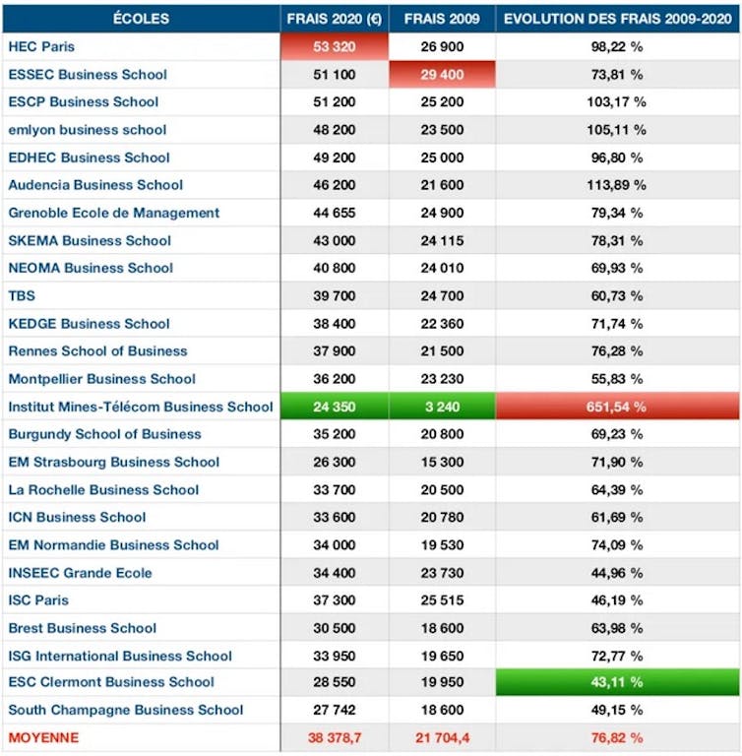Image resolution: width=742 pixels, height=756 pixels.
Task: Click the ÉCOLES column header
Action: tap(141, 19)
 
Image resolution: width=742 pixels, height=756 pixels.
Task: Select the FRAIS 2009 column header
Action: tap(441, 19)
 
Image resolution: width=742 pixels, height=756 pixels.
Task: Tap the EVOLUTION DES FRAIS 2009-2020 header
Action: tap(617, 19)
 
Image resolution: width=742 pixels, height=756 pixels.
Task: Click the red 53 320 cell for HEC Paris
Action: tap(335, 46)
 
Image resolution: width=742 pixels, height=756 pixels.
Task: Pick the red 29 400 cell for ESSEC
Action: tap(441, 74)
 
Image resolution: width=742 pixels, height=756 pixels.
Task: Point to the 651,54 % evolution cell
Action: tap(617, 407)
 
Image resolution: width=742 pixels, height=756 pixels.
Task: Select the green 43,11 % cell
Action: tap(617, 682)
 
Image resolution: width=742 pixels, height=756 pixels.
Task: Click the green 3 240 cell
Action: tap(441, 407)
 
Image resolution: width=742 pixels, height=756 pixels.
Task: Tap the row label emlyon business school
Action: tap(88, 130)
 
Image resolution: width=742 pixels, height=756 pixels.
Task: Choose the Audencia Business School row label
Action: tap(95, 185)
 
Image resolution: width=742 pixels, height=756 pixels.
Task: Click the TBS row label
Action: tap(21, 295)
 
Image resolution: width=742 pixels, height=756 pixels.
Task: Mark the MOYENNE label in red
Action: tap(43, 737)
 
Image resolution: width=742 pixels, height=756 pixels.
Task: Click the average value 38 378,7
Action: tap(335, 737)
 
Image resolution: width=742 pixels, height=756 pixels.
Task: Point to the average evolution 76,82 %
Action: tap(617, 737)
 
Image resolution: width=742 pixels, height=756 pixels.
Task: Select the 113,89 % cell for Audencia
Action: tap(617, 185)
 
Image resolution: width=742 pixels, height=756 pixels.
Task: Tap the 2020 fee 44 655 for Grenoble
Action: tap(335, 213)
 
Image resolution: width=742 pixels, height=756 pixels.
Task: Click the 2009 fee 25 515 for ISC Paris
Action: tap(441, 599)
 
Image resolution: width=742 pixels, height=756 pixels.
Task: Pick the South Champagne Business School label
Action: tap(125, 710)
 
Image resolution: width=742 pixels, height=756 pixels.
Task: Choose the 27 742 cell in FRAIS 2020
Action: tap(335, 710)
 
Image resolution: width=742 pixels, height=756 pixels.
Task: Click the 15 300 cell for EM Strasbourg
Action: tap(441, 462)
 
